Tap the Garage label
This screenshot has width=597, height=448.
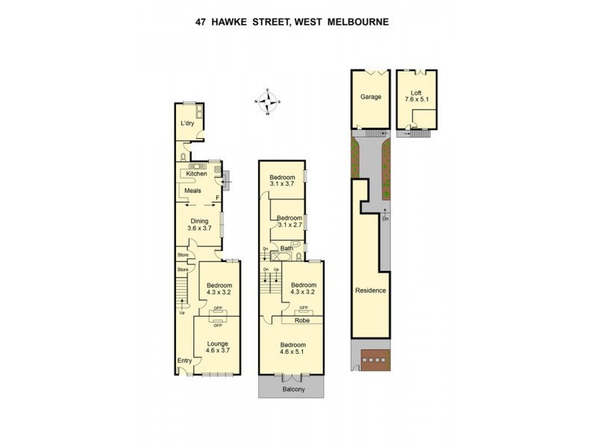pyautogui.click(x=371, y=97)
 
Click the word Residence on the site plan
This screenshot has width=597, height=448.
pyautogui.click(x=370, y=290)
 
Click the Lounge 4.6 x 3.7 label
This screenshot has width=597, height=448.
pyautogui.click(x=218, y=347)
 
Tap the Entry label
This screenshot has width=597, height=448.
pyautogui.click(x=184, y=361)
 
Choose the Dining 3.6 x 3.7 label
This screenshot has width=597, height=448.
pyautogui.click(x=199, y=224)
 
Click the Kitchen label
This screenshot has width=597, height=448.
pyautogui.click(x=196, y=174)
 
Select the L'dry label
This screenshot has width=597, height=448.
pyautogui.click(x=187, y=124)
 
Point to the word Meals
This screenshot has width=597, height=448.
pyautogui.click(x=193, y=190)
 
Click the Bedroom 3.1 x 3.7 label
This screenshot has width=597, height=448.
pyautogui.click(x=283, y=179)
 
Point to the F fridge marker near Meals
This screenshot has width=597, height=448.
pyautogui.click(x=216, y=198)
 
